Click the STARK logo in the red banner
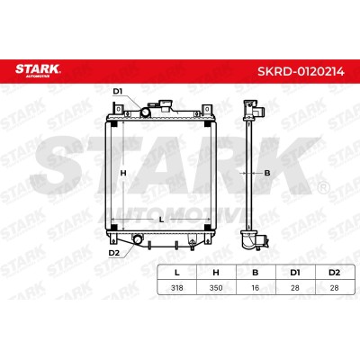(38, 70)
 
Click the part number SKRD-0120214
(301, 71)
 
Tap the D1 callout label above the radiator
(118, 92)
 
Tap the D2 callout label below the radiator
(114, 253)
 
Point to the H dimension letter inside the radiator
(123, 173)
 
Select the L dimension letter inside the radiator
(161, 220)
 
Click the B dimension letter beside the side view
(267, 173)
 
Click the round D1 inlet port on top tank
(146, 112)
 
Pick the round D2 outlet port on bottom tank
(139, 239)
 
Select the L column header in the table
(177, 273)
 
